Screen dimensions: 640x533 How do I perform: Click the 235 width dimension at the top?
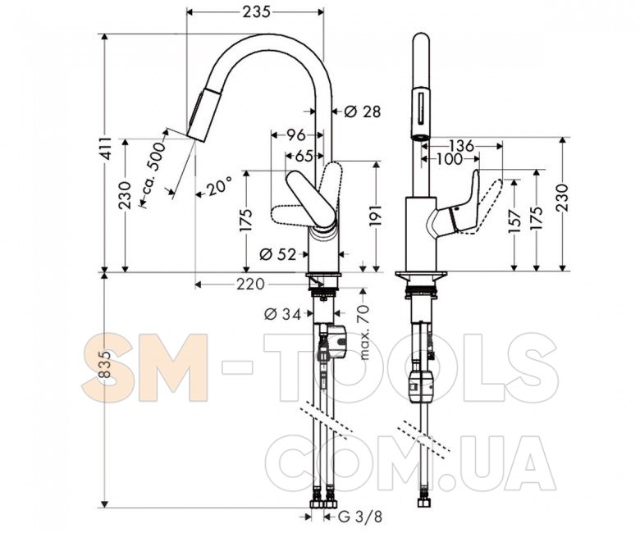pyautogui.click(x=256, y=11)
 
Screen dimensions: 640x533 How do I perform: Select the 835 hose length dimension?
pyautogui.click(x=106, y=364)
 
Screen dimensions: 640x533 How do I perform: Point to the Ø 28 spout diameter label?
pyautogui.click(x=362, y=112)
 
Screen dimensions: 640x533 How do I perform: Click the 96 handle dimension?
pyautogui.click(x=296, y=134)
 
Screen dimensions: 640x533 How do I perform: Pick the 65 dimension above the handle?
pyautogui.click(x=304, y=156)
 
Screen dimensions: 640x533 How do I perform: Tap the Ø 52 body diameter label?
pyautogui.click(x=277, y=254)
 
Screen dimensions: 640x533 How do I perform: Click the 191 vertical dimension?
pyautogui.click(x=376, y=216)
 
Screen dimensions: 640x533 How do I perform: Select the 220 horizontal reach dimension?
pyautogui.click(x=250, y=284)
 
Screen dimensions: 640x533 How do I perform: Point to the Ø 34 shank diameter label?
pyautogui.click(x=283, y=314)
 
